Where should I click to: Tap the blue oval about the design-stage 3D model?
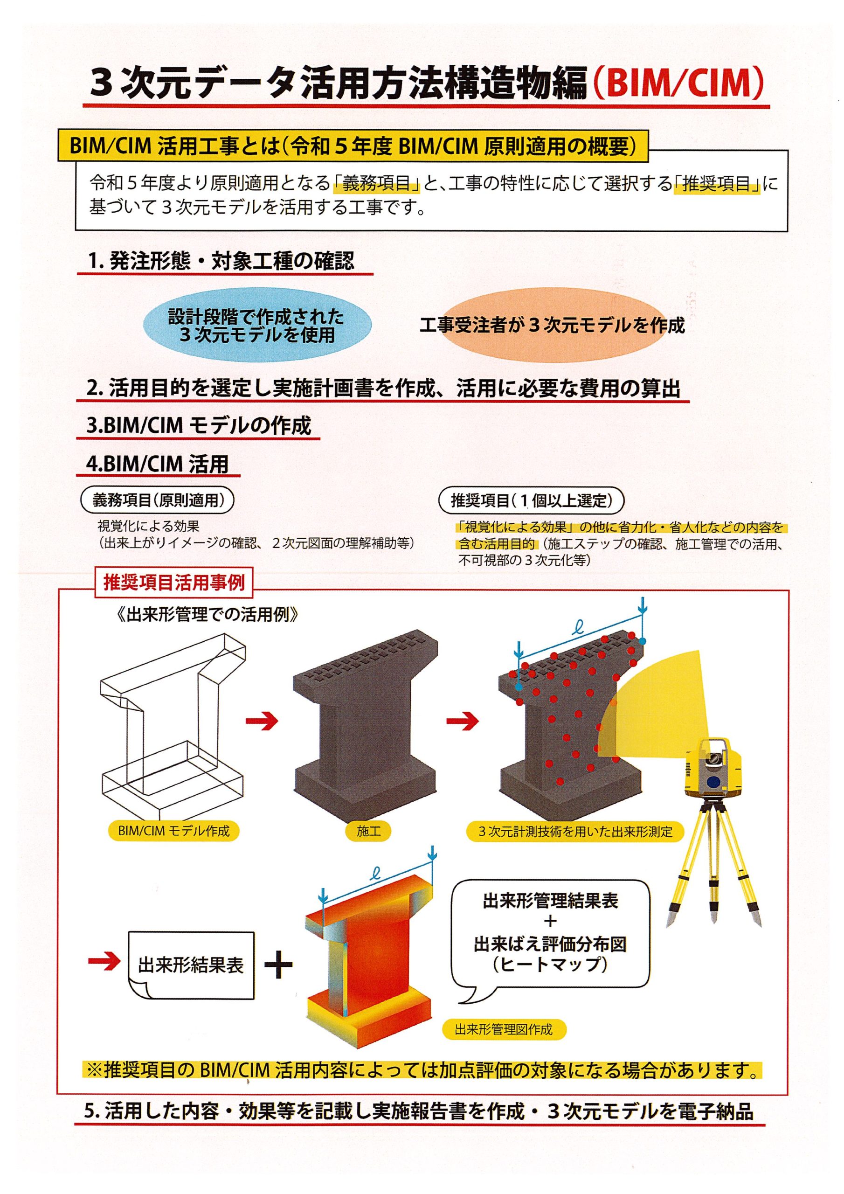(x=257, y=325)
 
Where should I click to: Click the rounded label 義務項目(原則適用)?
(x=158, y=500)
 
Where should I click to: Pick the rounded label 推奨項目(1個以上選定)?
(x=531, y=500)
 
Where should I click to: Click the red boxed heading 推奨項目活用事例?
(x=173, y=583)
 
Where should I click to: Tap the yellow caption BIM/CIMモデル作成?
(x=173, y=831)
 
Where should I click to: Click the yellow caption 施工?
(x=369, y=831)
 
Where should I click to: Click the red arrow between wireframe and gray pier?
(x=262, y=720)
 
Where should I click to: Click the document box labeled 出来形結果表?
(x=190, y=965)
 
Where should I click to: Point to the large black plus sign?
(x=279, y=965)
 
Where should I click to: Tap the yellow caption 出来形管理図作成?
(x=504, y=1029)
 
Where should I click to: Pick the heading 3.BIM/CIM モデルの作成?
(x=199, y=425)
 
